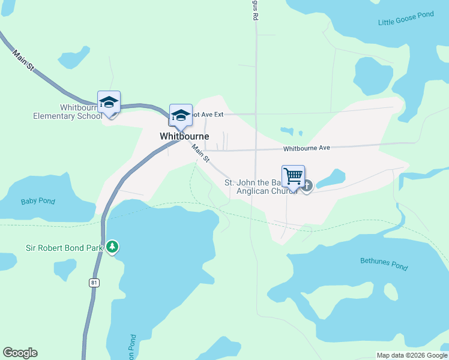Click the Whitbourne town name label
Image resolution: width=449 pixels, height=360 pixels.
click(184, 136)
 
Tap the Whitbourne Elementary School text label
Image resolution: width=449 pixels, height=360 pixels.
click(67, 112)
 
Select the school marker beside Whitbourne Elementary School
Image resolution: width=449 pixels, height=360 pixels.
click(109, 102)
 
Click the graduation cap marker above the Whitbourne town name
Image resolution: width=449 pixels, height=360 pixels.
click(181, 115)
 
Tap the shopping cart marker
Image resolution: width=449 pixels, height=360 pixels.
click(294, 176)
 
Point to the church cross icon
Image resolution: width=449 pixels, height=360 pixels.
click(307, 185)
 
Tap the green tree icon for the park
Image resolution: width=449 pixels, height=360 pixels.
click(112, 247)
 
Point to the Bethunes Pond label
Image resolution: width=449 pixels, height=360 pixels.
click(384, 263)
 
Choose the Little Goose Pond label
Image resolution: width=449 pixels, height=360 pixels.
click(406, 19)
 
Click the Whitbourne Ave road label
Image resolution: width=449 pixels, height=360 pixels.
click(307, 148)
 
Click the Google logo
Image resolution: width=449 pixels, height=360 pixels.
click(20, 353)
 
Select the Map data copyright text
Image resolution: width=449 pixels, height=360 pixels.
click(411, 355)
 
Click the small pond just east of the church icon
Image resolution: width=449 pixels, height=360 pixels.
click(331, 178)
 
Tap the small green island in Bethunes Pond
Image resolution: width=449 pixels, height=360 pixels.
click(390, 292)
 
